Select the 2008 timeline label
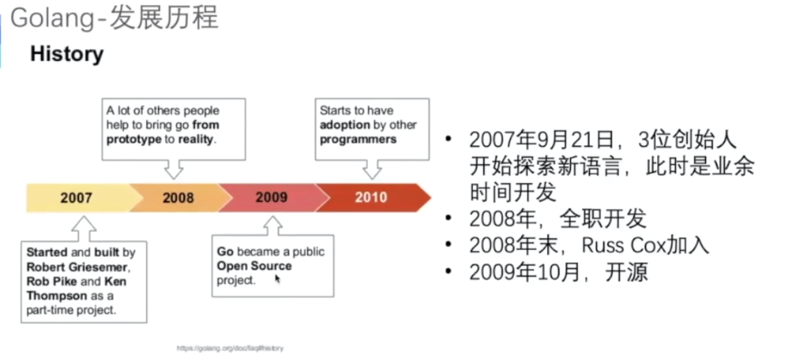pos(178,198)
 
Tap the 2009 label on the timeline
pos(271,197)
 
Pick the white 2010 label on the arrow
pos(371,197)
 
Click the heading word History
pos(67,54)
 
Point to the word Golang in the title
pos(53,18)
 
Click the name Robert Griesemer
pos(77,267)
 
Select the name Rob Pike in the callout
pos(52,281)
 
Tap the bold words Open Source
pos(254,266)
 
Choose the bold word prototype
pos(134,139)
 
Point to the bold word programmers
pos(358,139)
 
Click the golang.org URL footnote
pos(230,348)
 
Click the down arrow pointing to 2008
pos(174,169)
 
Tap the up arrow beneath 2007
pos(84,229)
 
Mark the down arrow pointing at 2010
pos(372,169)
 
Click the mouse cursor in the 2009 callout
pos(278,279)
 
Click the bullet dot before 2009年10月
pos(448,271)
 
